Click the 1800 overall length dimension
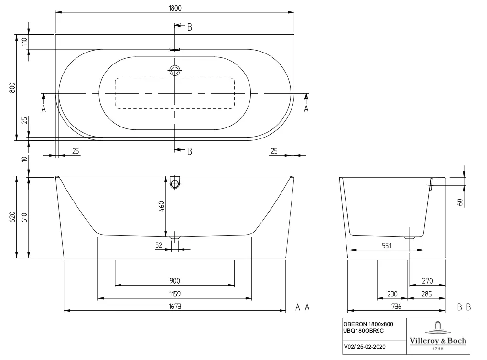click(175, 8)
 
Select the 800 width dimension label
click(12, 88)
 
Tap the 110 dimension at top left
click(24, 41)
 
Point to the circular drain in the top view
click(175, 71)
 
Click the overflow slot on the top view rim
click(175, 49)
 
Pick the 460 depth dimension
click(162, 207)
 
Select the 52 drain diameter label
click(159, 245)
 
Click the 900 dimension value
click(175, 281)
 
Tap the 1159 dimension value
click(175, 294)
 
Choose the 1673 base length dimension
click(175, 307)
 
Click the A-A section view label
click(302, 307)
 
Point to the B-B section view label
click(464, 307)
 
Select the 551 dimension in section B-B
click(387, 246)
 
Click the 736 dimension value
click(397, 307)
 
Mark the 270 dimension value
click(427, 281)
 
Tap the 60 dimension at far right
click(460, 202)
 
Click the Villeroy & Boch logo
click(438, 336)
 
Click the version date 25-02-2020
click(371, 347)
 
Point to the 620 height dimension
click(12, 217)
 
